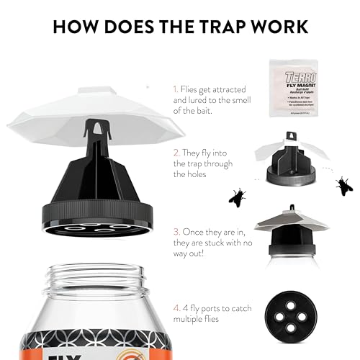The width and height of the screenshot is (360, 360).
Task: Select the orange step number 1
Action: point(174,89)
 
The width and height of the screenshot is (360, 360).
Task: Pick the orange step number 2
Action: point(175,153)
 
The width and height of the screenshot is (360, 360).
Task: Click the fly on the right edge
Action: point(344,186)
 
